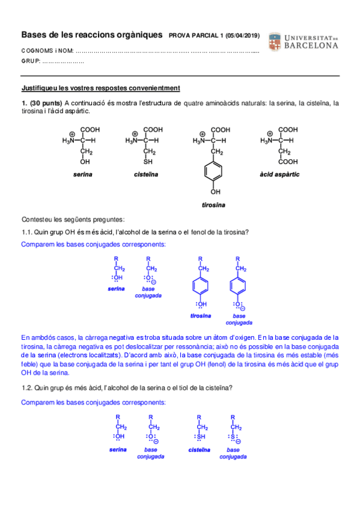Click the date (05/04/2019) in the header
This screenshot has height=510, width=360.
pos(243,35)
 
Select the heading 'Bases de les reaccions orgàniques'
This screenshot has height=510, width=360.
pos(92,35)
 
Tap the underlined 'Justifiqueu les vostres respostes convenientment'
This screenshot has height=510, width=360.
pos(96,88)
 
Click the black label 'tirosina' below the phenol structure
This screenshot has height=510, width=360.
pos(213,204)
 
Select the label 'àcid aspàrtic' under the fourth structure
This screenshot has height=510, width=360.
pos(279,174)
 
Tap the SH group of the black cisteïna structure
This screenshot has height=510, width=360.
pos(148,162)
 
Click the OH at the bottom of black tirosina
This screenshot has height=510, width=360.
pos(215,192)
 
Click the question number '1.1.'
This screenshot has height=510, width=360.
pos(27,233)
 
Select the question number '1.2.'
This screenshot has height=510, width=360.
pos(27,387)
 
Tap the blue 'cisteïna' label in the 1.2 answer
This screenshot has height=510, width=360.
pos(199,449)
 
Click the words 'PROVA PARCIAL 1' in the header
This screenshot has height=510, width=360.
pos(197,35)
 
